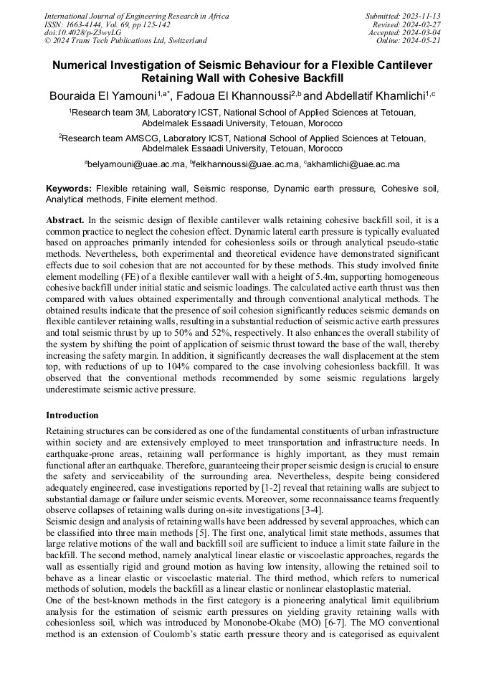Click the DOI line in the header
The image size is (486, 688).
82,32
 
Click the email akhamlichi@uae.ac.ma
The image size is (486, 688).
353,164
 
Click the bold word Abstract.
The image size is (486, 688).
65,218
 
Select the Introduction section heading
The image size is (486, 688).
72,415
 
